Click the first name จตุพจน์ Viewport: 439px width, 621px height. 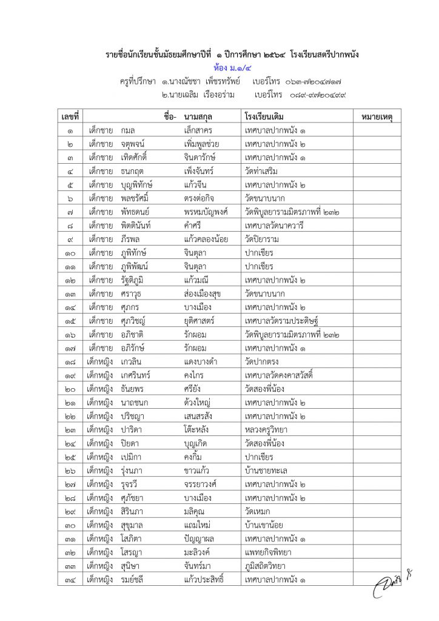click(134, 144)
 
